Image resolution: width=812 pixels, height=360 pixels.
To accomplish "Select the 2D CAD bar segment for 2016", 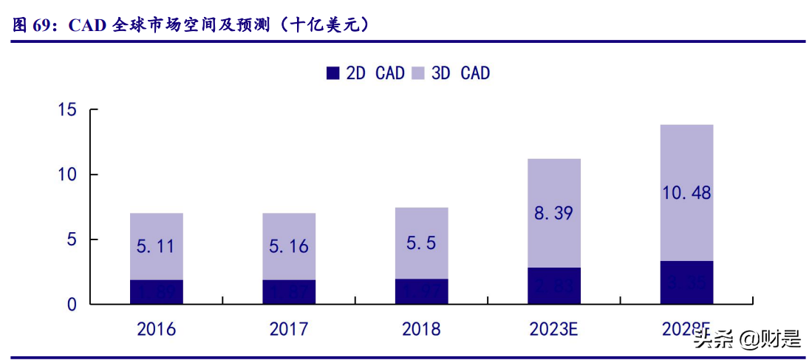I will (x=156, y=292).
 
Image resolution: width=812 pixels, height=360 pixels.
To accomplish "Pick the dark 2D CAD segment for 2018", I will (x=421, y=291).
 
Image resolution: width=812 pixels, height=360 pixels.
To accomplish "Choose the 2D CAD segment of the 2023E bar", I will (x=554, y=286).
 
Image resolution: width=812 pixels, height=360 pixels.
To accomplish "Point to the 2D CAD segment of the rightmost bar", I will (x=686, y=282).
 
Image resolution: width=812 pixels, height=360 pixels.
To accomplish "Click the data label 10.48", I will (x=686, y=193).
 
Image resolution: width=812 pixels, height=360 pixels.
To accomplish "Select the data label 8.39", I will (x=554, y=214).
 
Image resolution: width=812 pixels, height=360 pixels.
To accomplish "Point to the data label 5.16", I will (x=289, y=246).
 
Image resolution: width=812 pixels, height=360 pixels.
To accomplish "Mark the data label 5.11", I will (x=156, y=246).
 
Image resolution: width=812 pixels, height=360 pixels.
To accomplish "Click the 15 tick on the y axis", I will (x=67, y=110).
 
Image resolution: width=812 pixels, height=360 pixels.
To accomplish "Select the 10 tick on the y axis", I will (x=67, y=175).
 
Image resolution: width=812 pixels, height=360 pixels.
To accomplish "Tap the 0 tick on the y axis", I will (x=72, y=305).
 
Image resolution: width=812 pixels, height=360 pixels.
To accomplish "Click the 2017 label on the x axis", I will (x=289, y=329).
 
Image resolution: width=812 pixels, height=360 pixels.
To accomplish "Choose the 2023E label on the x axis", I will (x=554, y=329).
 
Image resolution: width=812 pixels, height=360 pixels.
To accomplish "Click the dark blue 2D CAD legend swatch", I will (x=332, y=73).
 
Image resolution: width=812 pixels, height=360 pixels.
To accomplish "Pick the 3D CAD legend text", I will (x=460, y=73).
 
